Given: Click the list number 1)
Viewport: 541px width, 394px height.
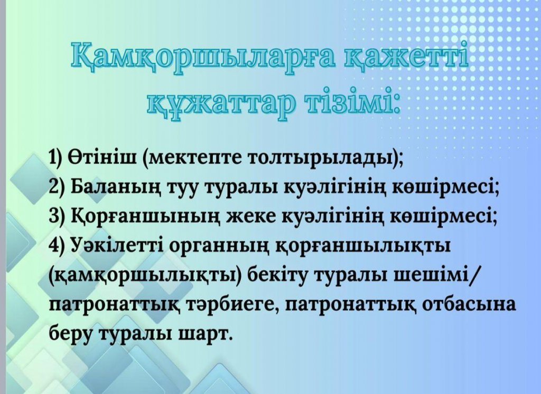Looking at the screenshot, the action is coord(55,158).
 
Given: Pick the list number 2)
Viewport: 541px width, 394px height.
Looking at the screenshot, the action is coord(57,187).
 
